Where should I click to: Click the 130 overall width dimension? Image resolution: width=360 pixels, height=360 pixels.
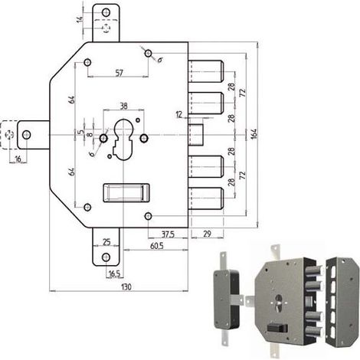point(126,286)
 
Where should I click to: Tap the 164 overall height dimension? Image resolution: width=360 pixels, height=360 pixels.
point(254,134)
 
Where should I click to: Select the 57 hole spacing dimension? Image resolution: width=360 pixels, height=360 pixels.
point(119,73)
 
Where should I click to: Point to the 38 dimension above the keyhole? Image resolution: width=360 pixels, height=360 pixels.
point(123,106)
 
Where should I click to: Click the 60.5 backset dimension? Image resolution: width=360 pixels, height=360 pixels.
point(156,246)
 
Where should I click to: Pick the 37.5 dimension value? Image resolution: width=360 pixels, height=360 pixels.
point(169,234)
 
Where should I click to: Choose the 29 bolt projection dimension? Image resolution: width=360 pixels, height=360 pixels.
point(208,234)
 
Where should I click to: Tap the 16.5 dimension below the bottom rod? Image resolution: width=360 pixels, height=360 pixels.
point(114,273)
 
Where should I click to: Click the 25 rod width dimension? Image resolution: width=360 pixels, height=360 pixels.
point(106,241)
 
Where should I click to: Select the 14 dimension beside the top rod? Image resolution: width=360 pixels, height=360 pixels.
point(80,19)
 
